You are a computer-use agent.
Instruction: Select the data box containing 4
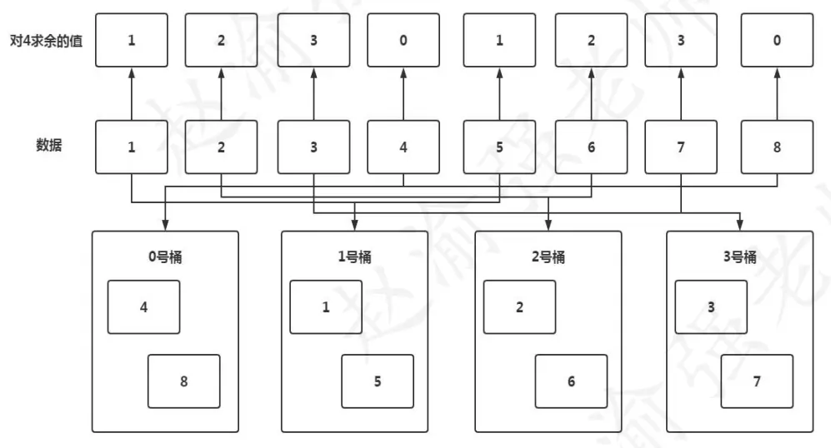[403, 147]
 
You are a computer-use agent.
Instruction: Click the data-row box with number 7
[682, 147]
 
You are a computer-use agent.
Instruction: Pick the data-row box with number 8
[777, 147]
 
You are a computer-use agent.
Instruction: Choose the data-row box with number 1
[131, 147]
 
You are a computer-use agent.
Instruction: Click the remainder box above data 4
[403, 40]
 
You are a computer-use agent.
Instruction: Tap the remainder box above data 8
[777, 40]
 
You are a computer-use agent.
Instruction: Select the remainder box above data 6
[590, 40]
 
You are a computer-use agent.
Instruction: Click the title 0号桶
[164, 256]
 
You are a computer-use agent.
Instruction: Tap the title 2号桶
[548, 256]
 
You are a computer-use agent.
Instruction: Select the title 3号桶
[740, 256]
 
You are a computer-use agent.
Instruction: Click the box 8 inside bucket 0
[184, 381]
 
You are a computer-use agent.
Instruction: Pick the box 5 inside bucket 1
[378, 381]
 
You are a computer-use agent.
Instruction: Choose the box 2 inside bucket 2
[519, 306]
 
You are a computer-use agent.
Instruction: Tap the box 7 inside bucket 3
[757, 381]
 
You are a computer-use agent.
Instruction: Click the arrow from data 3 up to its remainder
[313, 93]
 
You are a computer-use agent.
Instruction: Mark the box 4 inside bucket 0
[143, 306]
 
